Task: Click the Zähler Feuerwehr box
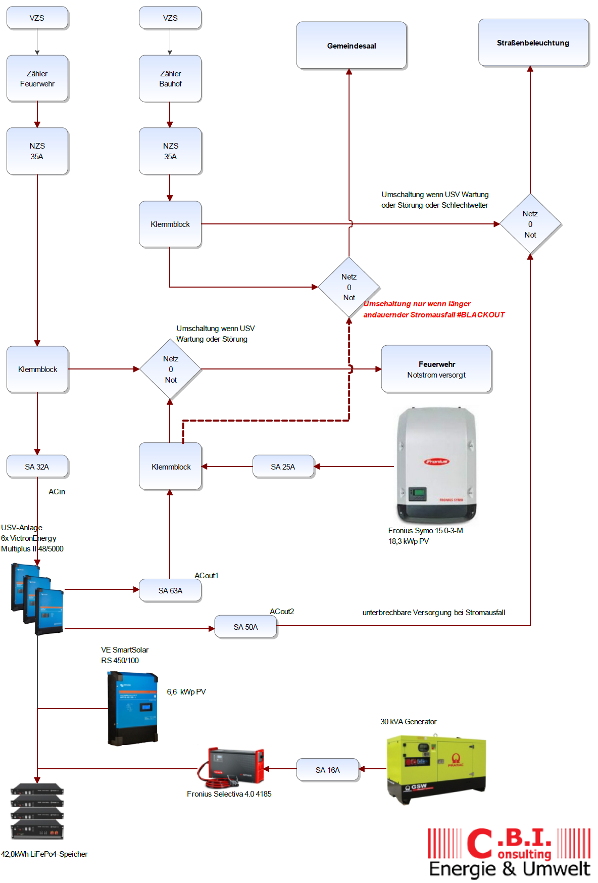pyautogui.click(x=37, y=78)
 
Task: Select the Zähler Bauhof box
pyautogui.click(x=170, y=78)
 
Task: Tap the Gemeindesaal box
pyautogui.click(x=351, y=45)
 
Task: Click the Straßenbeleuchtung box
pyautogui.click(x=533, y=43)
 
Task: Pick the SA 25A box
pyautogui.click(x=283, y=467)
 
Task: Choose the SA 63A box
pyautogui.click(x=170, y=590)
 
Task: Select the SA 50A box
pyautogui.click(x=245, y=627)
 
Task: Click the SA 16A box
pyautogui.click(x=327, y=770)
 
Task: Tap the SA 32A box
pyautogui.click(x=37, y=467)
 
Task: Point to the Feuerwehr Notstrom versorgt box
pyautogui.click(x=436, y=369)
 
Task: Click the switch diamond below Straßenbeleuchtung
pyautogui.click(x=530, y=224)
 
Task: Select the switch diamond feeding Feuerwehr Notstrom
pyautogui.click(x=170, y=369)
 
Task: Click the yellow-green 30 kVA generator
pyautogui.click(x=435, y=768)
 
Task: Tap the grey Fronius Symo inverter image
pyautogui.click(x=436, y=465)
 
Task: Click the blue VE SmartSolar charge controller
pyautogui.click(x=133, y=708)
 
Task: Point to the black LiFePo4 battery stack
pyautogui.click(x=37, y=811)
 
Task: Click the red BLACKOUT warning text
pyautogui.click(x=433, y=309)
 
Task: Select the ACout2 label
pyautogui.click(x=282, y=612)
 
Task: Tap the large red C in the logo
pyautogui.click(x=479, y=843)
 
